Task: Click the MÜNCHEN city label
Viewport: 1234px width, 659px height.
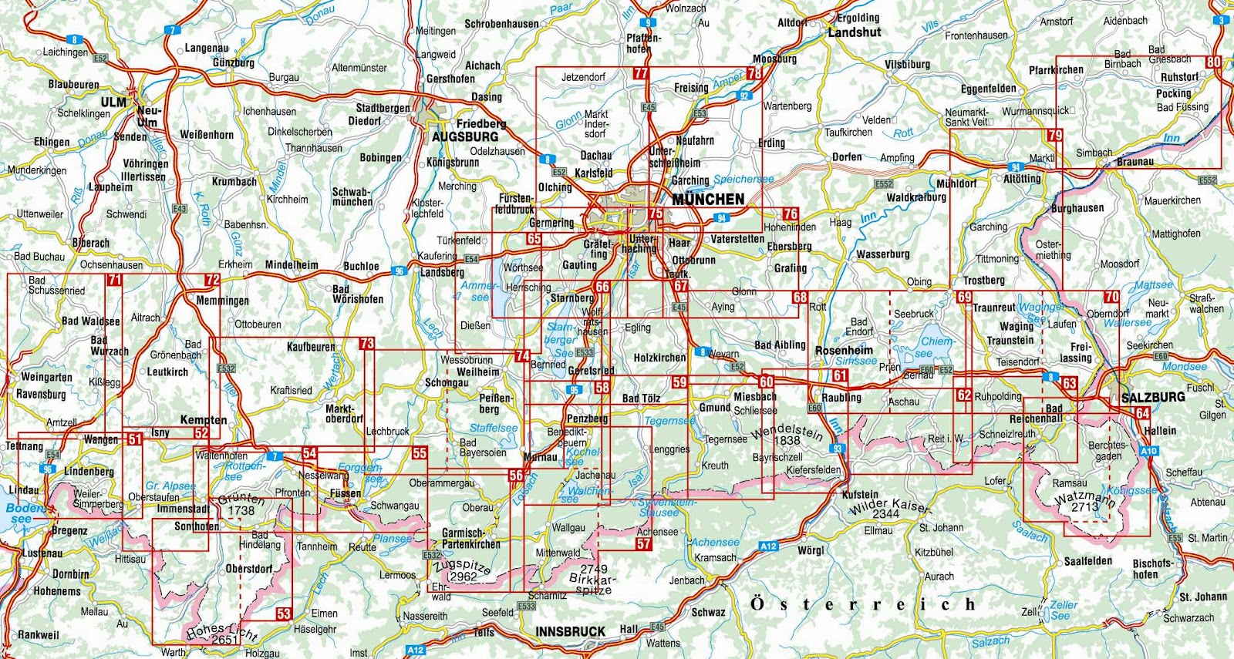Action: pyautogui.click(x=708, y=199)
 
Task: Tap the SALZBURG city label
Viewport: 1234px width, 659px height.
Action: pyautogui.click(x=1152, y=397)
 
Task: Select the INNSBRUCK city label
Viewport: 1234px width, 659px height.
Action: pyautogui.click(x=571, y=631)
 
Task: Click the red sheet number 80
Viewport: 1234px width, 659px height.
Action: pyautogui.click(x=1214, y=63)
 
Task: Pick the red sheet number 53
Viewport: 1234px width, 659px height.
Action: pyautogui.click(x=284, y=614)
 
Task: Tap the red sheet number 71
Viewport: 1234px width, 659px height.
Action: pyautogui.click(x=114, y=280)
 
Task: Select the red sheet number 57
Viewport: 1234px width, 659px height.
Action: pyautogui.click(x=644, y=544)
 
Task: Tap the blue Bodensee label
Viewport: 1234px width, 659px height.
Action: pyautogui.click(x=25, y=513)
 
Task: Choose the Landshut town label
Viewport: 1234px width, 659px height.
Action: pyautogui.click(x=854, y=32)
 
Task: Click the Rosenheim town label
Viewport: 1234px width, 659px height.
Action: pyautogui.click(x=844, y=350)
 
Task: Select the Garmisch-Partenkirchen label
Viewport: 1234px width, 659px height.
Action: pyautogui.click(x=470, y=538)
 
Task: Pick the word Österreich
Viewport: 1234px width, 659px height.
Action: pyautogui.click(x=862, y=604)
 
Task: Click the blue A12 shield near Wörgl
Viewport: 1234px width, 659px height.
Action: pyautogui.click(x=768, y=546)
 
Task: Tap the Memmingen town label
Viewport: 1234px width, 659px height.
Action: pyautogui.click(x=222, y=301)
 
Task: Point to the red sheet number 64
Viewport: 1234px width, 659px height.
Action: pyautogui.click(x=1142, y=413)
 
